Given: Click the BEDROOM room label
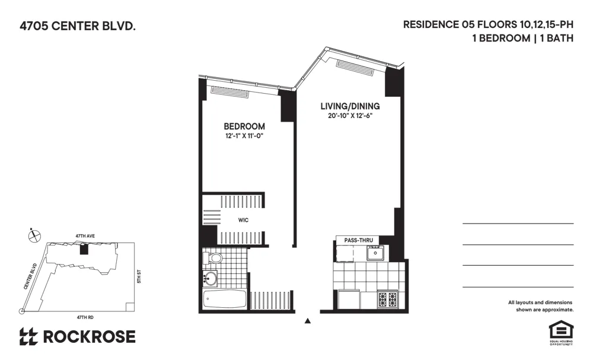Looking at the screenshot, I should click(244, 126).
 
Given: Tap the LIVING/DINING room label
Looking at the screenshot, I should click(350, 106).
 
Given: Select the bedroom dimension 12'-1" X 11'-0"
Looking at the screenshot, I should click(244, 137).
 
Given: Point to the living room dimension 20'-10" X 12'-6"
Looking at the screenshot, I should click(350, 116).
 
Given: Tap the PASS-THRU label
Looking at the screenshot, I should click(358, 240).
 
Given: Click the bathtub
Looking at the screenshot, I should click(224, 299).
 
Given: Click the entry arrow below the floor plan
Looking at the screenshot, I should click(307, 321).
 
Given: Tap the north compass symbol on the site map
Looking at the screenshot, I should click(34, 235).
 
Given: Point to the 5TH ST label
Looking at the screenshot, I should click(137, 276).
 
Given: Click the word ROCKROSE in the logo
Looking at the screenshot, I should click(89, 337).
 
